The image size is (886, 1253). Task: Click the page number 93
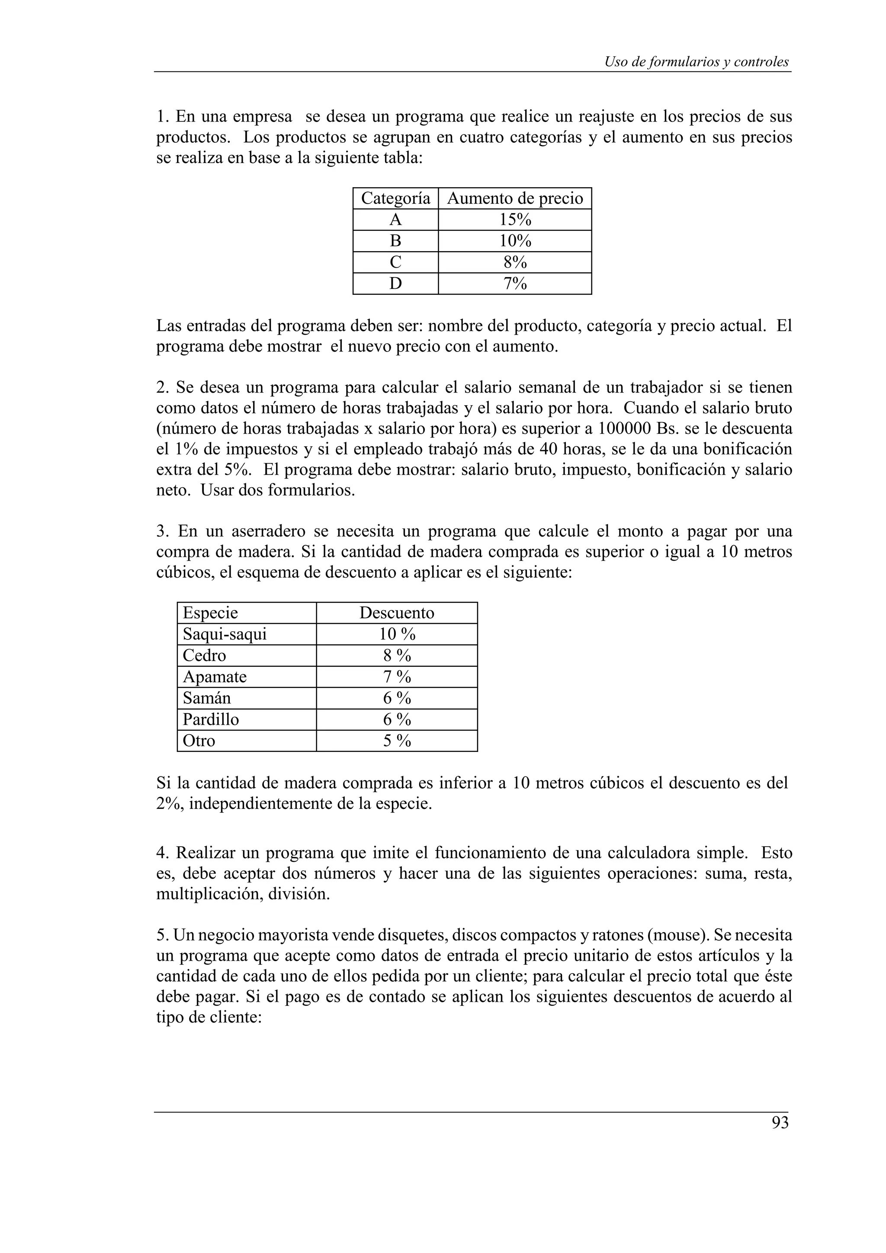[780, 1122]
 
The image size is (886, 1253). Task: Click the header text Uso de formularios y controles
[696, 62]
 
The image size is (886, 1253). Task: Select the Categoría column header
[395, 198]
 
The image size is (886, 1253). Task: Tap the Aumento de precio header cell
[515, 198]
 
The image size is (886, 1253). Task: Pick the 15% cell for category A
[515, 219]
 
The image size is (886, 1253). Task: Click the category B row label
[395, 241]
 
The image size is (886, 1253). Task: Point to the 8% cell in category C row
[515, 262]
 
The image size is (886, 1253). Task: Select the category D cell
[395, 284]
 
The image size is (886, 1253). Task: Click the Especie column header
[210, 613]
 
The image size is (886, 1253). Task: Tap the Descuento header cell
[397, 613]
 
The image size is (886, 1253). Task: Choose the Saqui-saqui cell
[225, 634]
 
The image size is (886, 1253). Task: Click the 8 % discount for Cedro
[397, 655]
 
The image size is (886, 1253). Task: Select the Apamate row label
[215, 677]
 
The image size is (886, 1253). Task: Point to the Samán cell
[206, 698]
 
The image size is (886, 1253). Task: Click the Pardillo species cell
[211, 719]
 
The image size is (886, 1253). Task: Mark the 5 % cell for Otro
[397, 741]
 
